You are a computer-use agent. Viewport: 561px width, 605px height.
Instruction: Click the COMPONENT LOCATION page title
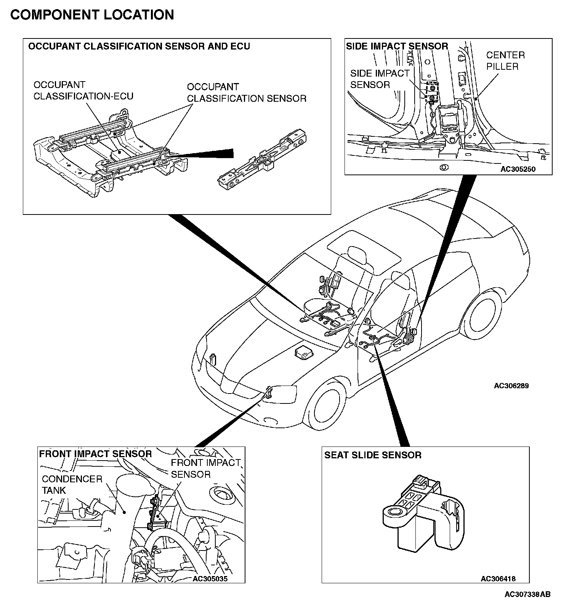pyautogui.click(x=92, y=15)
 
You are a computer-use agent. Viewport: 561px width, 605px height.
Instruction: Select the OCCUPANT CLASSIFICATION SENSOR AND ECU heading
pyautogui.click(x=139, y=46)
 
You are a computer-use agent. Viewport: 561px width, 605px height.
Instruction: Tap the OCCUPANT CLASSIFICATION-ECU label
pyautogui.click(x=83, y=91)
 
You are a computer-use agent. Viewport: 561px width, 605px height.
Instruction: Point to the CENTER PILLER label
pyautogui.click(x=505, y=61)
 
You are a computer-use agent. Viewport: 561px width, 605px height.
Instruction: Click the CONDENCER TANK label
pyautogui.click(x=72, y=485)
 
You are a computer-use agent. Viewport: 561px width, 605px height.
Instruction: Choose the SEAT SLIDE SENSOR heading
pyautogui.click(x=373, y=455)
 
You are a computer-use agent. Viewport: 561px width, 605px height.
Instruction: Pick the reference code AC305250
pyautogui.click(x=518, y=169)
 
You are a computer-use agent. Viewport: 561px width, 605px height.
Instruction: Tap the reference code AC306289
pyautogui.click(x=511, y=386)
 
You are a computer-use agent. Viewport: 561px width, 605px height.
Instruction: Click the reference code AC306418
pyautogui.click(x=498, y=579)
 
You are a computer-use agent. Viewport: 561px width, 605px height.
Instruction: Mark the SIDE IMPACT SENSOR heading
pyautogui.click(x=397, y=46)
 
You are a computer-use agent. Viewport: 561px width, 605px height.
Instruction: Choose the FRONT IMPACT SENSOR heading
pyautogui.click(x=96, y=454)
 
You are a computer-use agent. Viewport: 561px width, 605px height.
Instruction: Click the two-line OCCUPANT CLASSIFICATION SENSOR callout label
pyautogui.click(x=246, y=93)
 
